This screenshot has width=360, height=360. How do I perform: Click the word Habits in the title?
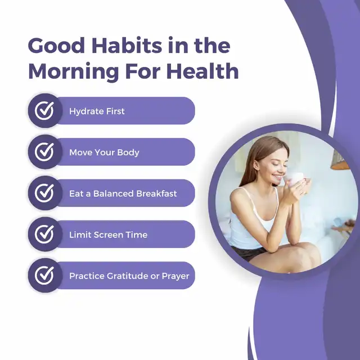pos(127,45)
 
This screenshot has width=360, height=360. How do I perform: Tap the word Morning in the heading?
pos(74,72)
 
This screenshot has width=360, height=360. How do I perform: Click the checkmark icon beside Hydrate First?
pos(44,111)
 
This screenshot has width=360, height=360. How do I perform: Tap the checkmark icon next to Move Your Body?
pos(44,152)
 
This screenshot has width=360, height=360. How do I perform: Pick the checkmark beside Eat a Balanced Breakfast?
pos(44,193)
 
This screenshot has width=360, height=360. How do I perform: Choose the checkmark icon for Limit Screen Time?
pos(44,234)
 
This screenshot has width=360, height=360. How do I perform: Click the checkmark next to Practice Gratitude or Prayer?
pos(44,275)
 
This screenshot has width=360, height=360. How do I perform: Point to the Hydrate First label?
pos(97,111)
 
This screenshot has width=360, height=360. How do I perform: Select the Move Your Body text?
pos(104,152)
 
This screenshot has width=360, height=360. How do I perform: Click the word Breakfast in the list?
pos(156,193)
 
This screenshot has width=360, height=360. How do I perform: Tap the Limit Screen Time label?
pos(108,235)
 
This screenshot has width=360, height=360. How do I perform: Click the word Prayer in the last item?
pos(175,276)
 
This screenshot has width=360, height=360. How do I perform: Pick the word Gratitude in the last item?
pos(128,276)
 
